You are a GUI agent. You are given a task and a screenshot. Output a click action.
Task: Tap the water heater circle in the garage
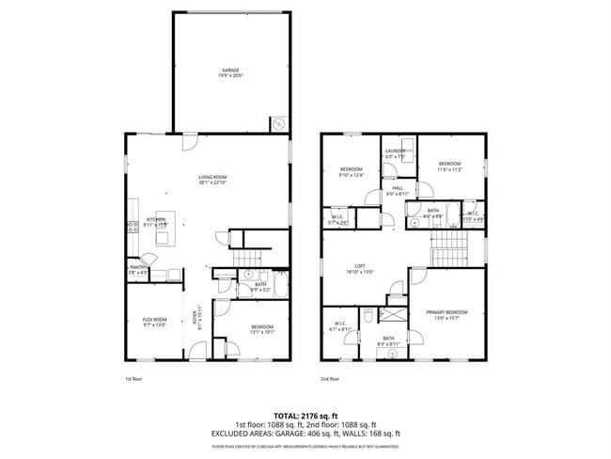(278, 122)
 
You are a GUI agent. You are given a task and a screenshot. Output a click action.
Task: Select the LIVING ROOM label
(212, 180)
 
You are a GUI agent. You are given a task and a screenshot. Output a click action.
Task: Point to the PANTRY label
(137, 269)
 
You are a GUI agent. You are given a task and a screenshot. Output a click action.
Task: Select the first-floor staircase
(246, 257)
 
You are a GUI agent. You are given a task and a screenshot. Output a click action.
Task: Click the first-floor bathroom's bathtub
(227, 276)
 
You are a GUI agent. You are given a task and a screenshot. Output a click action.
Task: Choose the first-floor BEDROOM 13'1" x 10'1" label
(249, 328)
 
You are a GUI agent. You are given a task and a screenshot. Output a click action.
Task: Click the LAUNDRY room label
(394, 153)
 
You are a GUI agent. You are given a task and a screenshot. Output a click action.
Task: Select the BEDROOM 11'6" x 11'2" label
(449, 167)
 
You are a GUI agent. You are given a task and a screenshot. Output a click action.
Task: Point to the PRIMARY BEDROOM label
(446, 314)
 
